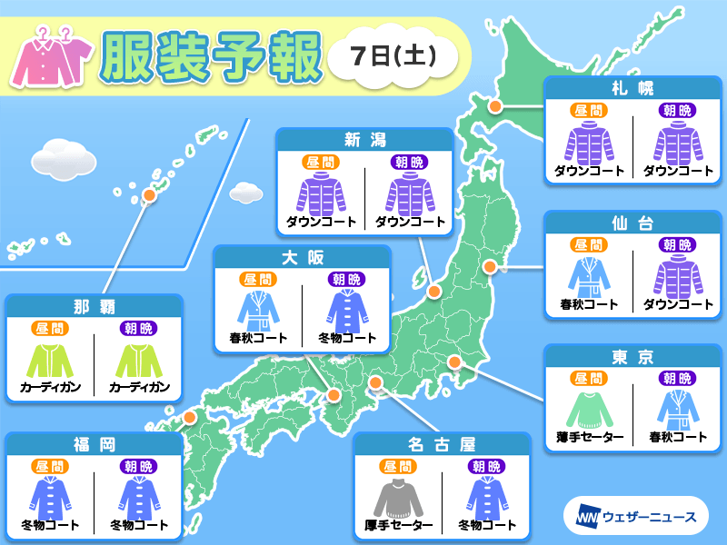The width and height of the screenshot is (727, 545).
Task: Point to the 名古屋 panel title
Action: click(x=441, y=444)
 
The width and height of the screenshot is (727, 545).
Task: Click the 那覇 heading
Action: click(x=94, y=306)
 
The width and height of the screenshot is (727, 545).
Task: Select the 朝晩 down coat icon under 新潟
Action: click(x=410, y=193)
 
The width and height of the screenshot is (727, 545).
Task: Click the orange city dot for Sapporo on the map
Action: click(x=496, y=106)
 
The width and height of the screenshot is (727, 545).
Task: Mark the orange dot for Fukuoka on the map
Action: click(x=190, y=418)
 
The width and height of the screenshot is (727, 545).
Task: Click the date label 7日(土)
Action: click(x=393, y=56)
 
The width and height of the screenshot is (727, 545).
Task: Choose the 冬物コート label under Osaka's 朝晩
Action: click(x=346, y=339)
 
